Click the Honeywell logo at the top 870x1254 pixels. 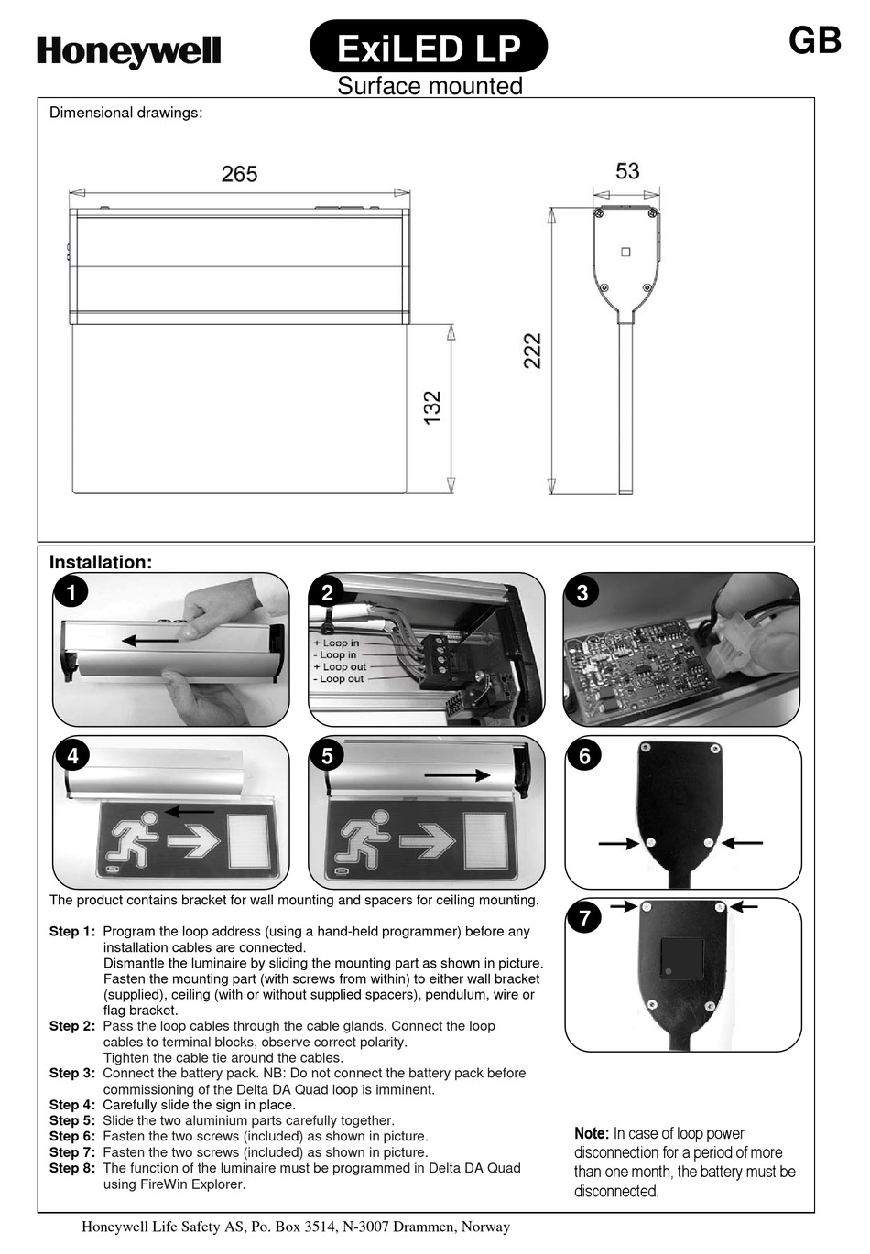tap(128, 51)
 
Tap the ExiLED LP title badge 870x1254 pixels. tap(429, 47)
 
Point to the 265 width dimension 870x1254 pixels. tap(239, 174)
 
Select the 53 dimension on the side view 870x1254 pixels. tap(627, 171)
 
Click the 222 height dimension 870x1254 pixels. tap(532, 351)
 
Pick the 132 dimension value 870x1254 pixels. tap(432, 406)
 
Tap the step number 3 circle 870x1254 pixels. tap(582, 593)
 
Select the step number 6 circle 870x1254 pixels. tap(584, 756)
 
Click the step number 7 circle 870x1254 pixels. tap(585, 918)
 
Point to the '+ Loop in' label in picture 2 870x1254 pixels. tap(336, 643)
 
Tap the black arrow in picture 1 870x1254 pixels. tap(150, 640)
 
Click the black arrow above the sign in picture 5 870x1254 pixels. tap(457, 776)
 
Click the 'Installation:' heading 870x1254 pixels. tap(101, 562)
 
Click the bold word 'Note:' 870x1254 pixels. tap(592, 1133)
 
